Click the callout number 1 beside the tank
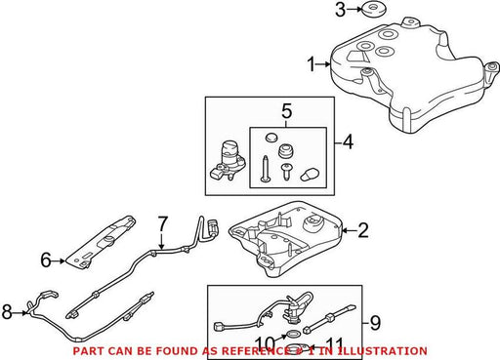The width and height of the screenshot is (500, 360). (312, 64)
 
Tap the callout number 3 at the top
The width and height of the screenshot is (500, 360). (340, 10)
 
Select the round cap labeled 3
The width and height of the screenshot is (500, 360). (374, 11)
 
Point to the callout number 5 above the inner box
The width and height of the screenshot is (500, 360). (286, 111)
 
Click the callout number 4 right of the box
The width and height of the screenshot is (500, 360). (348, 142)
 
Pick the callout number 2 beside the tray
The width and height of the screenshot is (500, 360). (363, 230)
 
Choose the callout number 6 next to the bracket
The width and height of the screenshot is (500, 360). (46, 260)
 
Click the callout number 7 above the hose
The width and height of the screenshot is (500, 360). (162, 223)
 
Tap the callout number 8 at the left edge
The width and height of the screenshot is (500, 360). (7, 311)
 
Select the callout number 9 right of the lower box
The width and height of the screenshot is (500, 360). (375, 323)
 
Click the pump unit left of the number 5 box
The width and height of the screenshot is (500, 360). (229, 160)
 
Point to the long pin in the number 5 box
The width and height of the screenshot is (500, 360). (265, 169)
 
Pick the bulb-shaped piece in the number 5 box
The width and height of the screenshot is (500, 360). (310, 175)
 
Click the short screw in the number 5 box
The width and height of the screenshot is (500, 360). (286, 172)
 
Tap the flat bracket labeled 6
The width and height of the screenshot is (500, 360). (101, 242)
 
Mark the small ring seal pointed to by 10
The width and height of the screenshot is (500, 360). (293, 334)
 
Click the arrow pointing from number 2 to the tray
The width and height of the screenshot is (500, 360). (350, 230)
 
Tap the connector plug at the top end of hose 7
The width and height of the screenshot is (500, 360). (213, 226)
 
